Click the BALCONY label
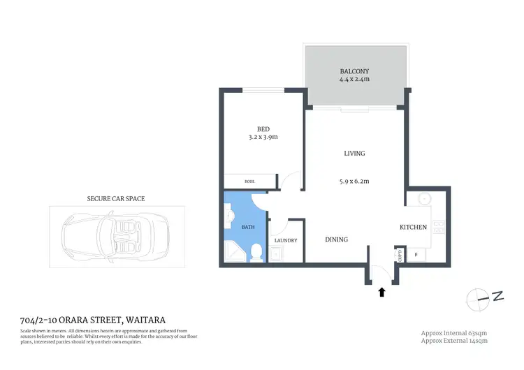point(354,71)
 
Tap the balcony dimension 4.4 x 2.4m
point(354,80)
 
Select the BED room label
point(263,128)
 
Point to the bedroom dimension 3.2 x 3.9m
point(263,137)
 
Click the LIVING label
point(354,154)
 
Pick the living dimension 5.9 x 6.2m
point(354,182)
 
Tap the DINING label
point(337,239)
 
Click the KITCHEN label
point(413,228)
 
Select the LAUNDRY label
point(286,241)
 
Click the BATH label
point(248,227)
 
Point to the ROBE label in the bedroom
point(249,182)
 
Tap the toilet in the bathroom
point(256,252)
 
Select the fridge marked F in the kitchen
point(417,254)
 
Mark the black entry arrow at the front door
point(381,292)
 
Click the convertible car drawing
point(117,236)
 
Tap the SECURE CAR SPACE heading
point(116,199)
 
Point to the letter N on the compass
point(497,297)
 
